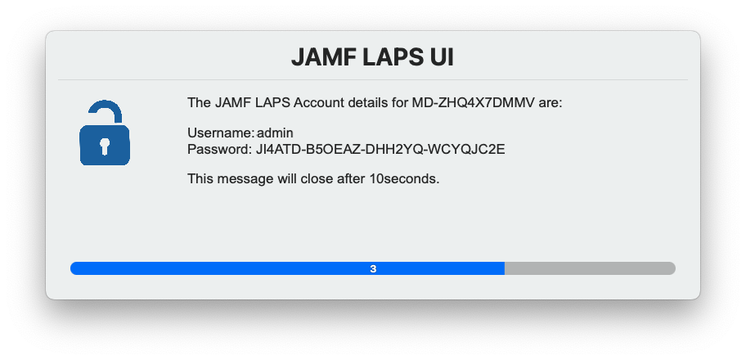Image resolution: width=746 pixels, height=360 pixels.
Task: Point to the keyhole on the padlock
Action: pos(104,146)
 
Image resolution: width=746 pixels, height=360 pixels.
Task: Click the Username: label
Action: pos(220,133)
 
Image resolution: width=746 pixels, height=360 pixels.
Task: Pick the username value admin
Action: pos(275,133)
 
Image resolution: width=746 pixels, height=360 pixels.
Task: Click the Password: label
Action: pos(219,150)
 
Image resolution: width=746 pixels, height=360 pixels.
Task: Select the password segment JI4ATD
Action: pos(278,150)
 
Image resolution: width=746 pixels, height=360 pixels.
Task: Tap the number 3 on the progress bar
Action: pos(373,268)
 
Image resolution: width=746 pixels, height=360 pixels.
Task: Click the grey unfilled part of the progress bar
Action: pos(589,268)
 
